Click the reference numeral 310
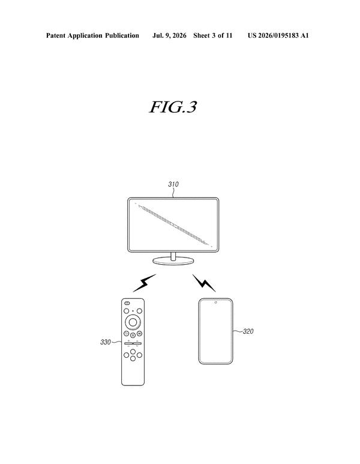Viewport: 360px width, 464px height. (x=173, y=184)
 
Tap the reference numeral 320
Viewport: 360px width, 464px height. (x=248, y=331)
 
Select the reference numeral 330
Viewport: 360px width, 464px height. (x=106, y=342)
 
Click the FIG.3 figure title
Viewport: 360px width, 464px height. (x=173, y=107)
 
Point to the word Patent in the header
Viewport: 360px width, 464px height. (x=56, y=35)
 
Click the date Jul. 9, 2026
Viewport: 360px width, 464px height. (x=169, y=35)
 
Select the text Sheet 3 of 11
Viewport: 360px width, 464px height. (x=212, y=35)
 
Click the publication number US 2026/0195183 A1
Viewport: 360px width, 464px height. (x=278, y=35)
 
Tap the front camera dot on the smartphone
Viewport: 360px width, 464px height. (x=215, y=302)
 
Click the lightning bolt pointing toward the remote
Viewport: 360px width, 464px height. (x=145, y=283)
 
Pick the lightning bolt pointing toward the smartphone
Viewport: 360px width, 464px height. (x=204, y=283)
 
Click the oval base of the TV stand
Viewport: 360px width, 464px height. (x=173, y=261)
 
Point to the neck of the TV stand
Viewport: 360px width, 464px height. (x=173, y=256)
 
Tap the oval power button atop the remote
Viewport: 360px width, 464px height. (x=127, y=303)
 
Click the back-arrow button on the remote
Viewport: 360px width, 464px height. (x=127, y=334)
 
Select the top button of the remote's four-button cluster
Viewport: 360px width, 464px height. (x=133, y=352)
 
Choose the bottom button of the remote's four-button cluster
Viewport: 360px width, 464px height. (x=133, y=358)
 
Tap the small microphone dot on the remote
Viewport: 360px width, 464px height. (x=133, y=311)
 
